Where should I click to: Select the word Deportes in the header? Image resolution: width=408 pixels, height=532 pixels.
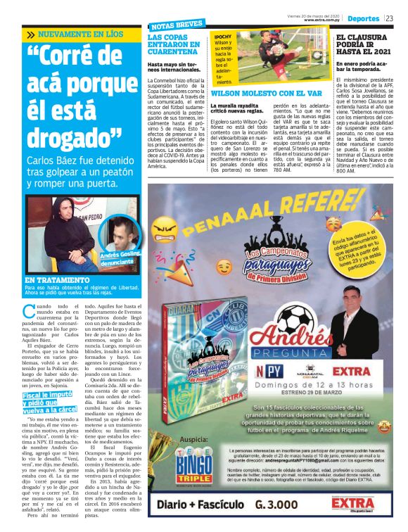point(364,18)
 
